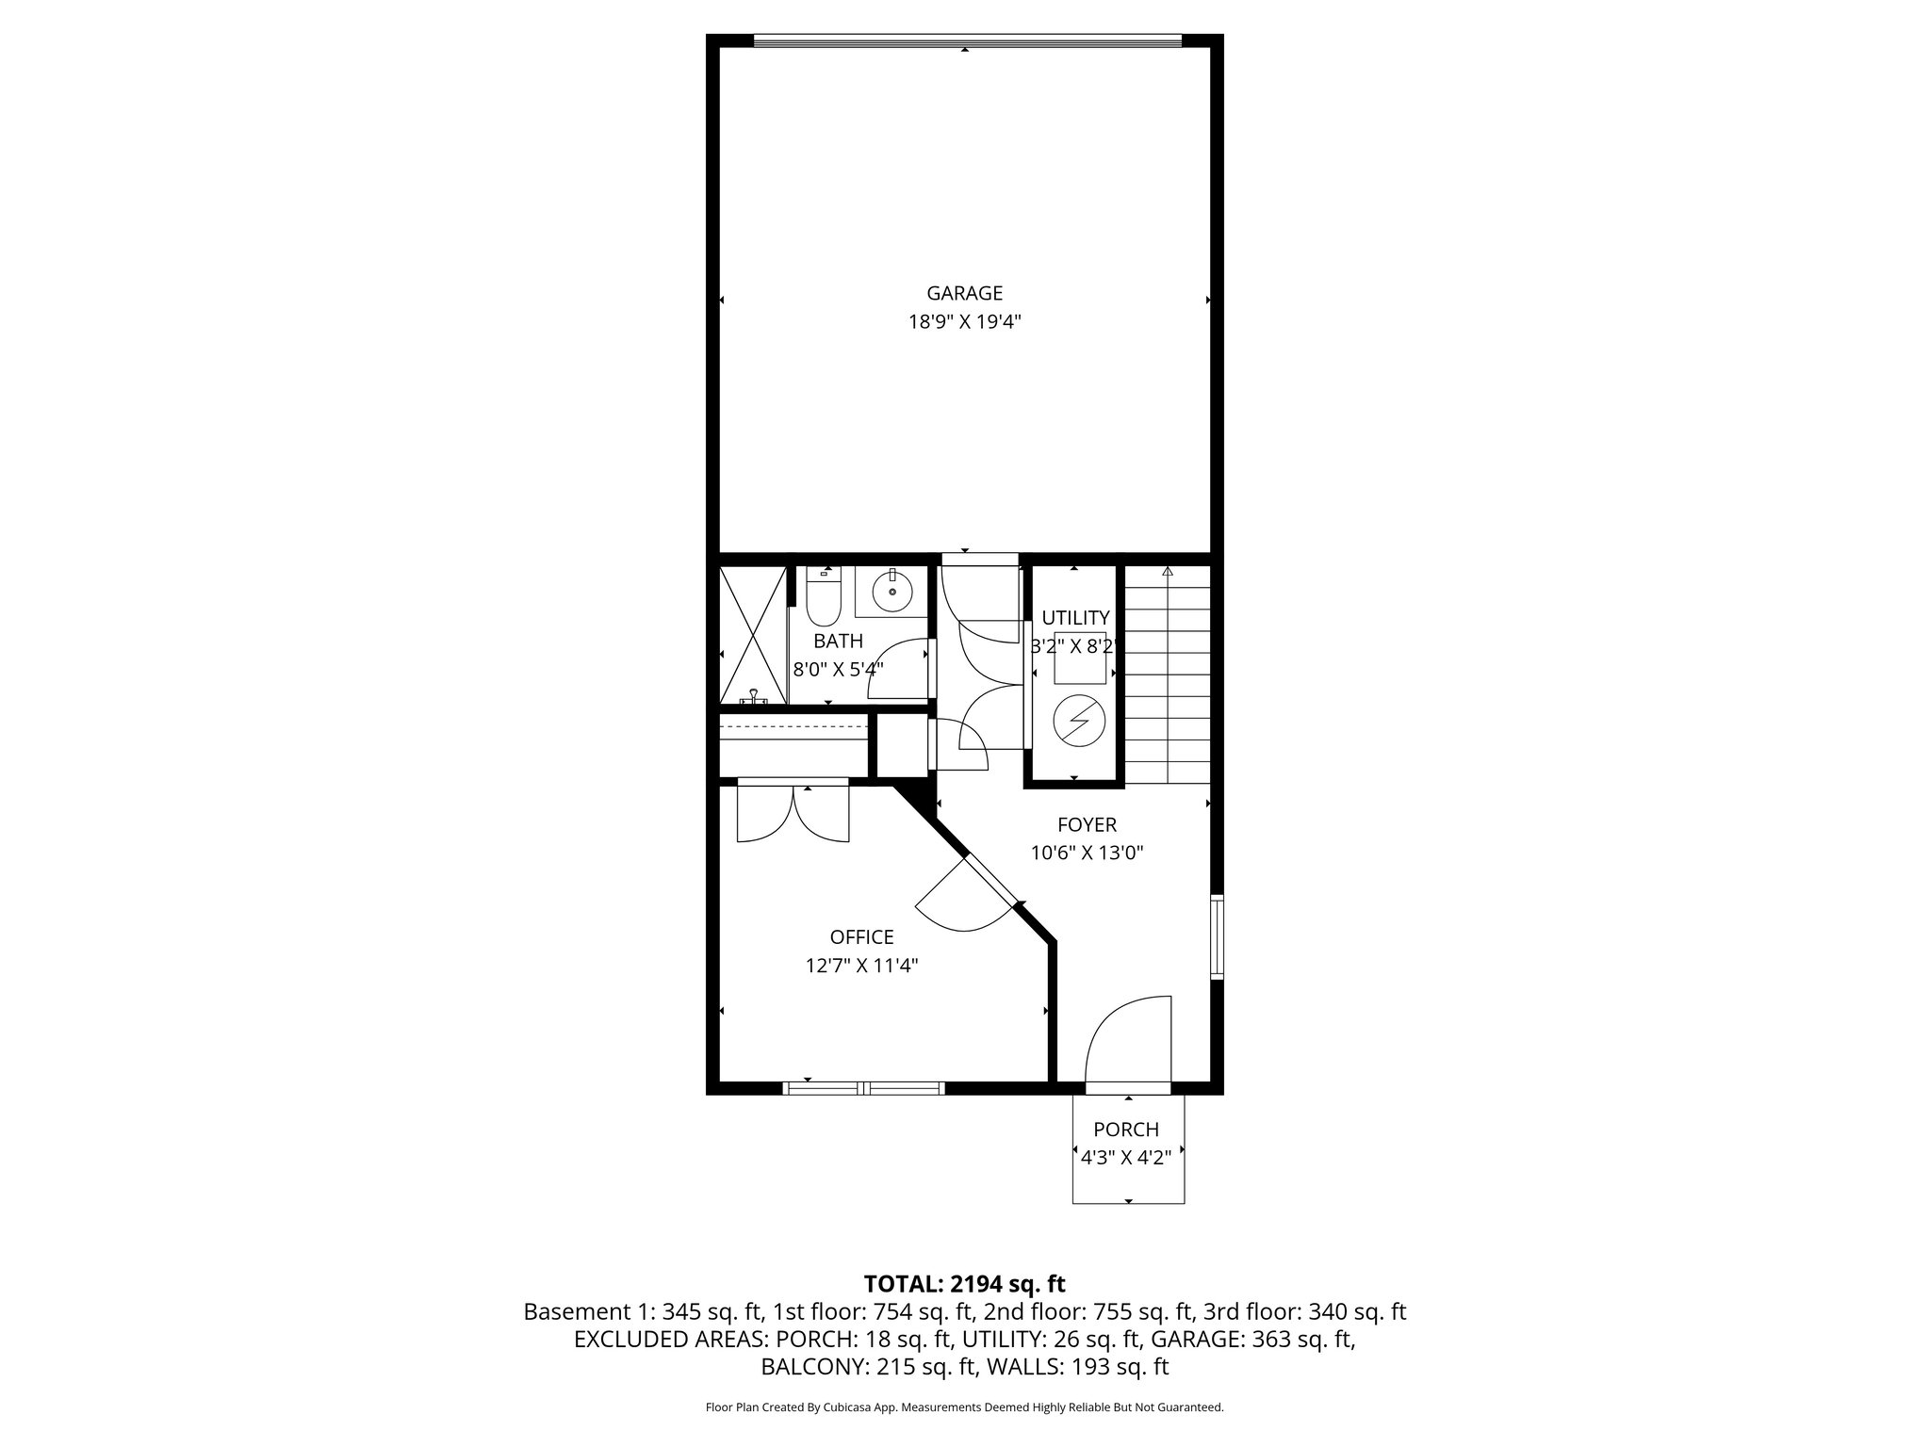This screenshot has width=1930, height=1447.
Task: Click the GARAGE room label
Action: click(964, 293)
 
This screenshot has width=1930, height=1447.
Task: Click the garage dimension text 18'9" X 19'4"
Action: click(964, 322)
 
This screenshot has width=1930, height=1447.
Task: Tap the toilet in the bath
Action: click(823, 599)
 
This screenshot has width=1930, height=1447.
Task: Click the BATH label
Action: click(838, 642)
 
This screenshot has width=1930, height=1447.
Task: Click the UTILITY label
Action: click(1075, 618)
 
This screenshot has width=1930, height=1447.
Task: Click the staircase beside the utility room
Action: click(1167, 674)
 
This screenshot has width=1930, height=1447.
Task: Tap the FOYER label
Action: click(1087, 825)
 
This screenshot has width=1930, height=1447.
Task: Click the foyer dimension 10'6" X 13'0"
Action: click(1087, 854)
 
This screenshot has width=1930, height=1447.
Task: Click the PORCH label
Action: click(1126, 1130)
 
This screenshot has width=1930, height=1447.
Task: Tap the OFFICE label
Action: click(861, 937)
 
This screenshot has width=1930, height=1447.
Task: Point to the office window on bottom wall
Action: click(863, 1088)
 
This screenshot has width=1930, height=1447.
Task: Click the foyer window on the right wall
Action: click(1217, 936)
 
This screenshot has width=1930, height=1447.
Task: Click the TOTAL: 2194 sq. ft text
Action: click(964, 1283)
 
